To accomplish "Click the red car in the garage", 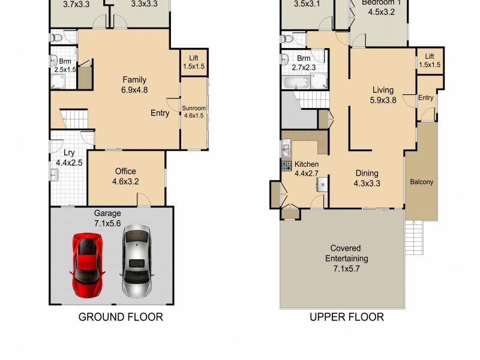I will pyautogui.click(x=86, y=264).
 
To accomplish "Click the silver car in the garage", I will pyautogui.click(x=136, y=262).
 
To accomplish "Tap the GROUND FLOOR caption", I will pyautogui.click(x=121, y=317).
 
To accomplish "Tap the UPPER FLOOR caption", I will pyautogui.click(x=346, y=317).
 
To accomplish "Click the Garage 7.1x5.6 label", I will pyautogui.click(x=107, y=218).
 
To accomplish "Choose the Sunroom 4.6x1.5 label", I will pyautogui.click(x=193, y=112).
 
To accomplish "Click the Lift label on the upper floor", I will pyautogui.click(x=429, y=60).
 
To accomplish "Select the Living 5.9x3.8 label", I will pyautogui.click(x=383, y=95).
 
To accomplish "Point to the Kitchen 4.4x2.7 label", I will pyautogui.click(x=306, y=169).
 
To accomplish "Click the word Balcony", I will pyautogui.click(x=422, y=182).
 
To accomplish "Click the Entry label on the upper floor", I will pyautogui.click(x=426, y=98).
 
